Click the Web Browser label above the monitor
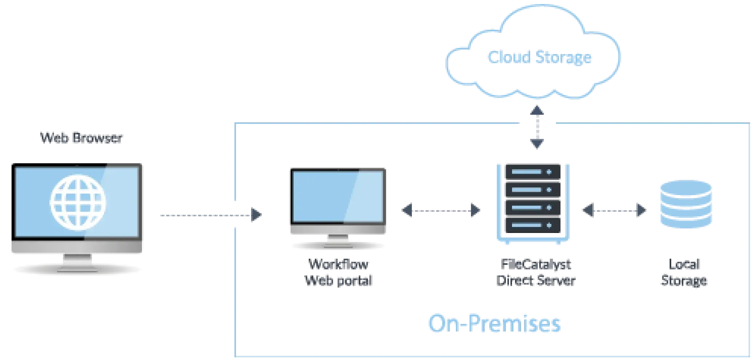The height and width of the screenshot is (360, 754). click(81, 139)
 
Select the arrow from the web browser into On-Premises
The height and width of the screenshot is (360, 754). click(211, 215)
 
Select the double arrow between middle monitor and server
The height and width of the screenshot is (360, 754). click(440, 210)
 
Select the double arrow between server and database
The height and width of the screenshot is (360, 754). click(614, 210)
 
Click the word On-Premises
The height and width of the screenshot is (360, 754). click(495, 324)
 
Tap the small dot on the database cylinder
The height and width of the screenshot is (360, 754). click(694, 197)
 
